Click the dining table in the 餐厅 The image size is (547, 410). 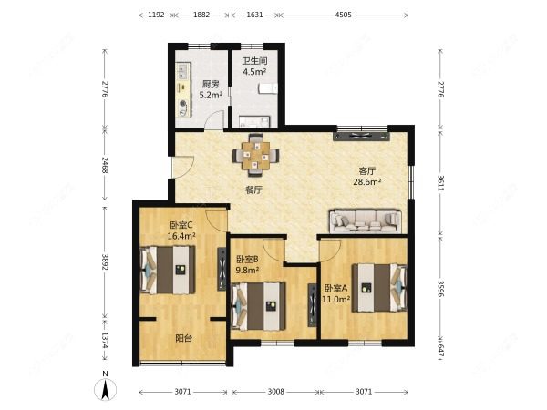256,155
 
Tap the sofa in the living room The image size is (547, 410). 366,221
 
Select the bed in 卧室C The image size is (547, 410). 168,270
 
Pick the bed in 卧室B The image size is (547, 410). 259,306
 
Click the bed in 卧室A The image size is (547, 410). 379,288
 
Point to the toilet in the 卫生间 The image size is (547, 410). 267,88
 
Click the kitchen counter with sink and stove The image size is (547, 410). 183,89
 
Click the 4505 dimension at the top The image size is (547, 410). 344,15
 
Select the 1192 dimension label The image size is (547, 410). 156,15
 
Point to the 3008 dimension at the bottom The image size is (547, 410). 275,392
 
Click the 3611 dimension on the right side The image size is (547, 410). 440,182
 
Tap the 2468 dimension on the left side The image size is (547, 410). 105,165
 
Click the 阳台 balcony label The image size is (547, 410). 183,338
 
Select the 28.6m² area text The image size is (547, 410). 367,181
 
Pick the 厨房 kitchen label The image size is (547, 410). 211,84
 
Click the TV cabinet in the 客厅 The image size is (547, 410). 361,137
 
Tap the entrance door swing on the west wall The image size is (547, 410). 183,168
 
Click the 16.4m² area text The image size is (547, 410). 181,236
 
